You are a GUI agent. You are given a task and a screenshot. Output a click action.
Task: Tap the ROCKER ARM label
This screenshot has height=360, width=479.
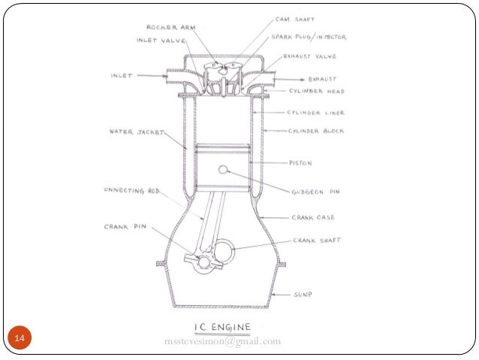pos(171,28)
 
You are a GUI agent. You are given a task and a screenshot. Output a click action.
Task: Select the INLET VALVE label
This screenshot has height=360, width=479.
pos(161,40)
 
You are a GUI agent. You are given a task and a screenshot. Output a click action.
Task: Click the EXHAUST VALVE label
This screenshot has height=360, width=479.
pos(310,56)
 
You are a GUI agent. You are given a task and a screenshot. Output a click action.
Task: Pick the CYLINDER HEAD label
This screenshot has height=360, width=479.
pos(317,91)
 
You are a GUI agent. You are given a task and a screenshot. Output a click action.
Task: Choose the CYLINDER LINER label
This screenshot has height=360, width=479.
pos(316,113)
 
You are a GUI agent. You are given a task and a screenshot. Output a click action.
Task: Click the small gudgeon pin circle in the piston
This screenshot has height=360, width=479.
pos(223,170)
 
